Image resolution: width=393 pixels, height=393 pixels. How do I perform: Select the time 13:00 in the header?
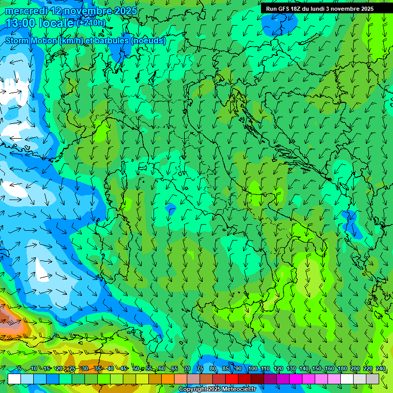point(21,23)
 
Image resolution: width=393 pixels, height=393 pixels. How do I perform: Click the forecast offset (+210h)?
point(92,23)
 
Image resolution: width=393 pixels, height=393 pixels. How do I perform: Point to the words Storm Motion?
point(31,40)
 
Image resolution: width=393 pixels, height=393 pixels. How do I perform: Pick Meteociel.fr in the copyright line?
point(242,389)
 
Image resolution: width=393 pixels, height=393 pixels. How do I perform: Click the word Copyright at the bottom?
point(193,389)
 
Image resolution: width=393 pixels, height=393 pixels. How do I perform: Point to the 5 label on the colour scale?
point(19,368)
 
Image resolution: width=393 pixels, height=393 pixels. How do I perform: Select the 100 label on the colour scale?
point(253,368)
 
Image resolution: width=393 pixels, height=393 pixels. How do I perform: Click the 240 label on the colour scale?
point(381,368)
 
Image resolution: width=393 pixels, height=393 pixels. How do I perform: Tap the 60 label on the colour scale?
point(162,368)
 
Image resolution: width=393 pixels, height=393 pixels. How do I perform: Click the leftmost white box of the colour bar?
point(14,379)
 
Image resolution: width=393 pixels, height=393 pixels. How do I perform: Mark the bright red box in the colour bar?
point(232,379)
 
